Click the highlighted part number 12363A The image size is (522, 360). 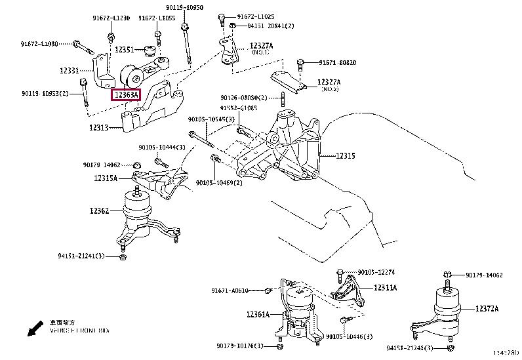coord(126,95)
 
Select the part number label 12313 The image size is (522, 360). coord(100,128)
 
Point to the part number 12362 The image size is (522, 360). coord(100,210)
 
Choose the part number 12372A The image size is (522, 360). coord(487,308)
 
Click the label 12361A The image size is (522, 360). coord(258,315)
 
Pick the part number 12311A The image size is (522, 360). coord(386,287)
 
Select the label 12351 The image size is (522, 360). coord(124,49)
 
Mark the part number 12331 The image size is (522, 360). coord(70,70)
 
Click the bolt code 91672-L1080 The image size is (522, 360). coord(39,43)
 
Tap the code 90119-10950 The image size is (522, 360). coord(184,7)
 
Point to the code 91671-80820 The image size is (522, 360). coord(338,63)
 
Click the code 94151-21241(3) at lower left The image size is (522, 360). coord(81,256)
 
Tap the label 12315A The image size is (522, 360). coord(104,178)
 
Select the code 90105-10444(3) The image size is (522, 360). coord(161,147)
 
